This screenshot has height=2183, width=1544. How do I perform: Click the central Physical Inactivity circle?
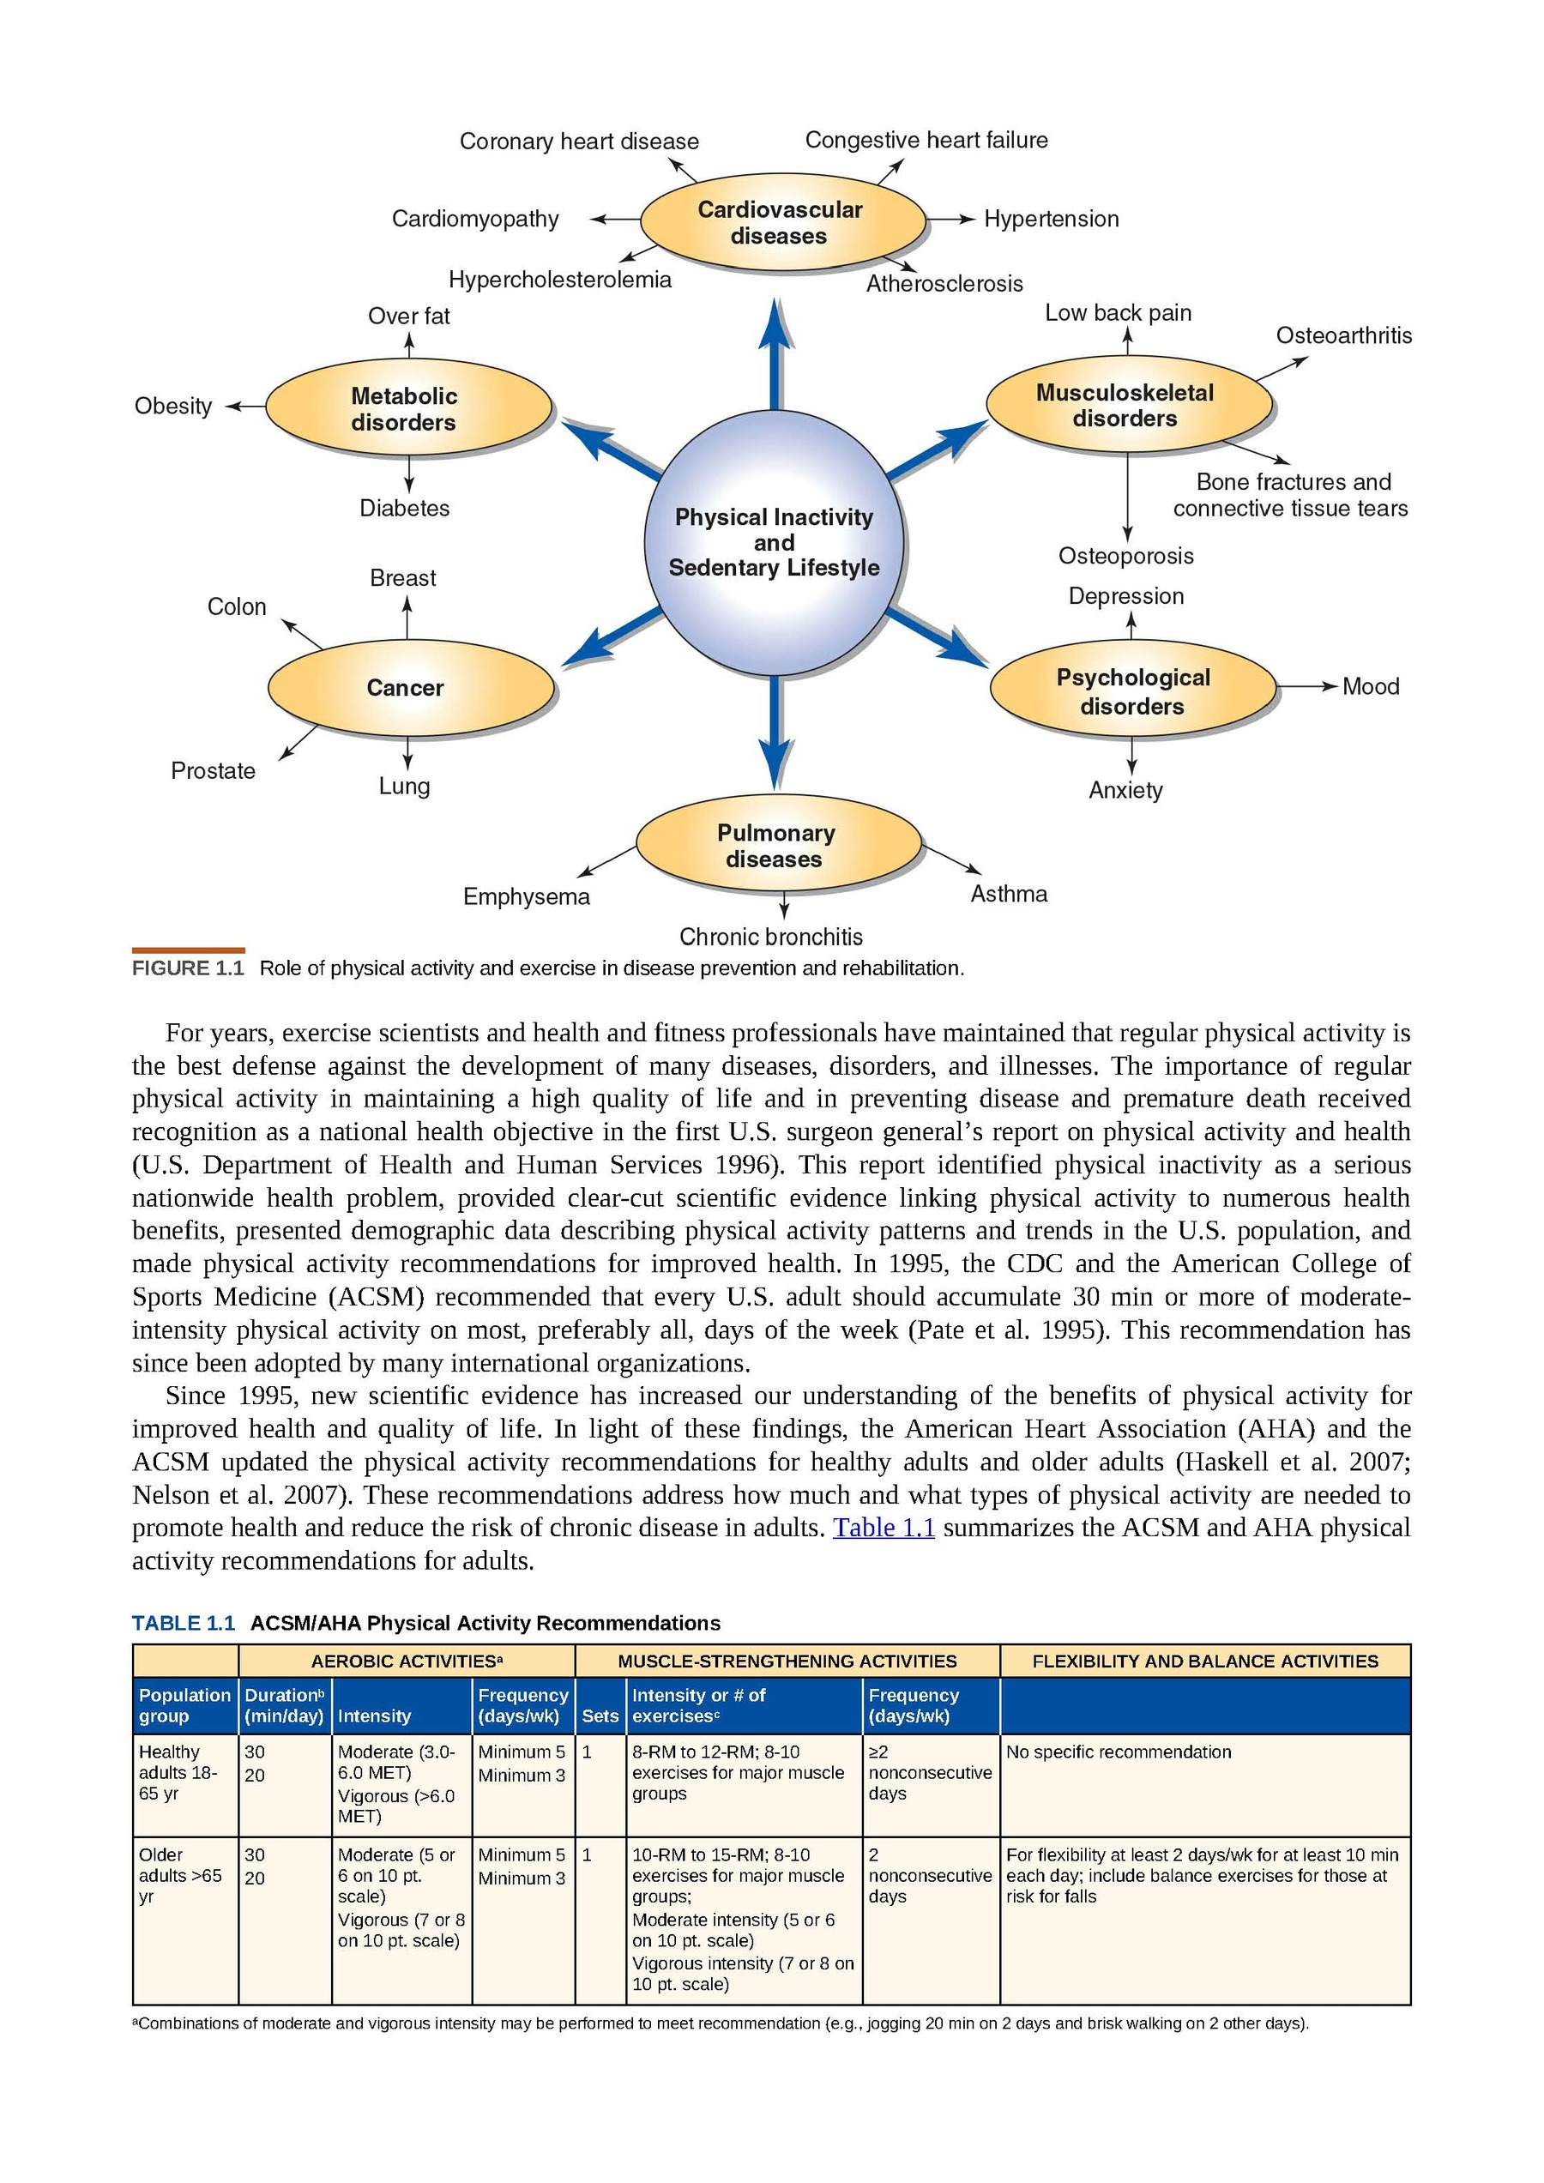[774, 543]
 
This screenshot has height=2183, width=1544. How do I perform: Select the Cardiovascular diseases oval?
[781, 222]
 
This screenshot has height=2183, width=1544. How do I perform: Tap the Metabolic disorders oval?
[406, 409]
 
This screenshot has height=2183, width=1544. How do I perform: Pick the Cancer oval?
[407, 687]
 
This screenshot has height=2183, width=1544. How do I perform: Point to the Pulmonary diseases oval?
[777, 845]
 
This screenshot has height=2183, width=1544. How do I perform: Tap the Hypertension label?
[1051, 220]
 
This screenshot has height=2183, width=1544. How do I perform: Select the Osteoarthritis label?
[1342, 335]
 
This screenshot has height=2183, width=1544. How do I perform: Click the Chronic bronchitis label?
[771, 937]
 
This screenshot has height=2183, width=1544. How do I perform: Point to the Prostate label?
[213, 770]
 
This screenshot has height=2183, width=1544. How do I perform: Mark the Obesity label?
[173, 406]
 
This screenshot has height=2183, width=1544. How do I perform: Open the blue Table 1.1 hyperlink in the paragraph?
[884, 1527]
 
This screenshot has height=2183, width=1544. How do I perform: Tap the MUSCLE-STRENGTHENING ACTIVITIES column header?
[787, 1661]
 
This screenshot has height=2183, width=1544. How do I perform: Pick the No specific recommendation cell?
[1118, 1752]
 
